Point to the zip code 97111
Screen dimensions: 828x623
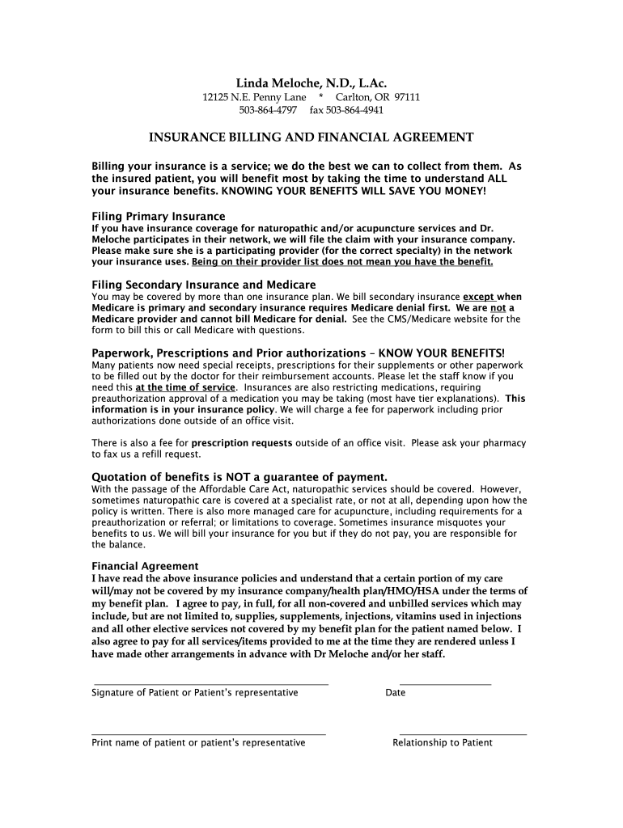[x=407, y=97]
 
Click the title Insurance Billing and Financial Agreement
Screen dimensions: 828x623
[x=311, y=137]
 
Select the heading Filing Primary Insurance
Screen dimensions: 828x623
[x=159, y=217]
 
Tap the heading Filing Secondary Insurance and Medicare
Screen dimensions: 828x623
[x=204, y=285]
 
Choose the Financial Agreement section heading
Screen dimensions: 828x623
[x=145, y=566]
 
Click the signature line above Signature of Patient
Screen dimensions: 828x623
[x=210, y=684]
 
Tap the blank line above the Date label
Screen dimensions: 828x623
[x=445, y=684]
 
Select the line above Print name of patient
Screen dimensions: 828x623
[x=209, y=734]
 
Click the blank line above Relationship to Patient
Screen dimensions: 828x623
[x=463, y=734]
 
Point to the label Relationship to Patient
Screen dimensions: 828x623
[x=443, y=743]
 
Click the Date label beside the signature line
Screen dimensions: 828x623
[x=396, y=693]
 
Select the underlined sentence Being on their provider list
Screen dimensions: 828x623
[x=342, y=262]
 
